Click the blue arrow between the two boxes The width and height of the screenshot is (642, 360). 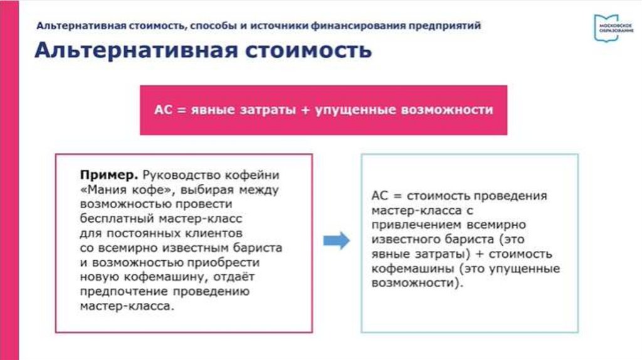[336, 241]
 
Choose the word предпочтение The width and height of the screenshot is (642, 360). [124, 292]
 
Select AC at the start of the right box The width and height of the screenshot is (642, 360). [379, 196]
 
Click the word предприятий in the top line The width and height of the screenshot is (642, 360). [445, 26]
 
